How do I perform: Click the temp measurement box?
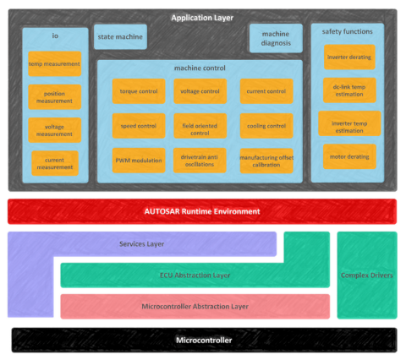coord(55,64)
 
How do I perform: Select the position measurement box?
coord(55,96)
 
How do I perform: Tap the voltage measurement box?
coord(55,129)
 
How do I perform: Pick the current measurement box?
coord(55,162)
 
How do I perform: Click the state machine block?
coord(119,37)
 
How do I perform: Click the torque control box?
coord(139,91)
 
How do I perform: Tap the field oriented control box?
coord(201,126)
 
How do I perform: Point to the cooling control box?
coord(266,126)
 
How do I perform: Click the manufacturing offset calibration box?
coord(266,161)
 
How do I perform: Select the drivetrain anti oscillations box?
coord(201,160)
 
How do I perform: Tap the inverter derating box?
coord(349,57)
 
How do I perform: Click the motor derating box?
coord(349,156)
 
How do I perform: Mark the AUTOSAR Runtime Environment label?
coord(202,211)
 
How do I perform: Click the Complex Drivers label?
coord(367,275)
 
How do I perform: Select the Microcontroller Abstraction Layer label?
coord(194,306)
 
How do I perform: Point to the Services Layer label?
coord(141,244)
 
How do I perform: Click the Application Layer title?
coord(202,18)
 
